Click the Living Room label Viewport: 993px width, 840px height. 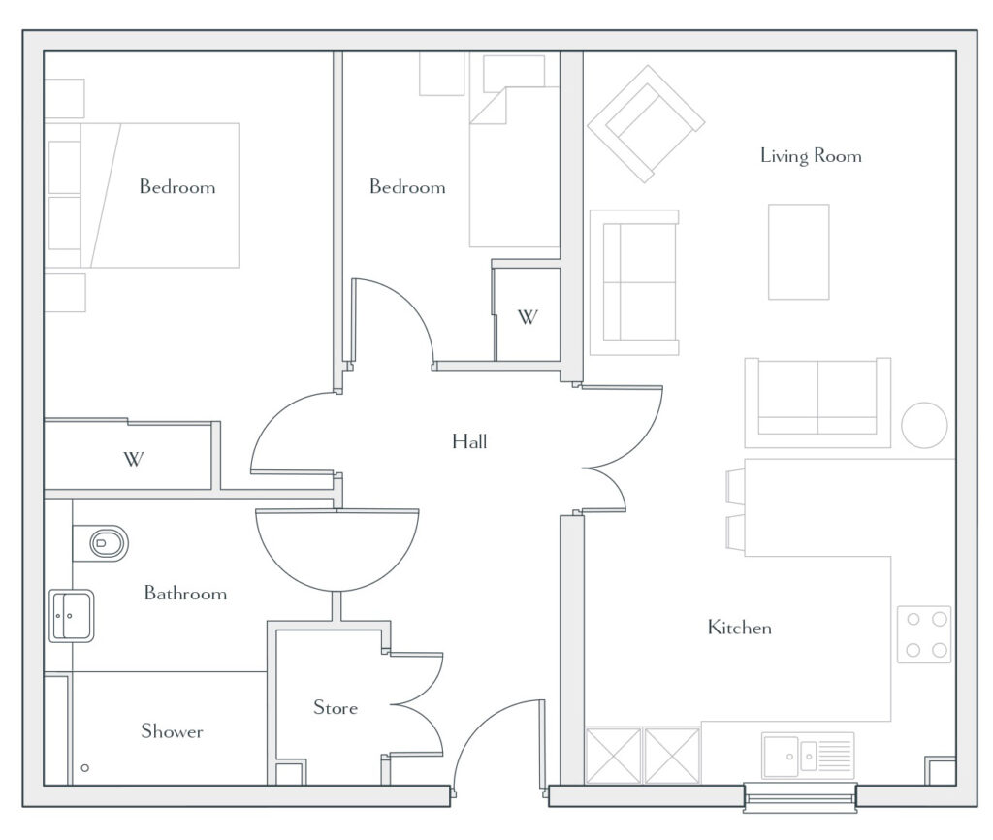click(811, 156)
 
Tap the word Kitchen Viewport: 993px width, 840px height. click(739, 628)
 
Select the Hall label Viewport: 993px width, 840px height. click(469, 441)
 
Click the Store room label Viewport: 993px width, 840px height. click(335, 707)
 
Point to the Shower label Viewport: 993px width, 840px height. click(172, 731)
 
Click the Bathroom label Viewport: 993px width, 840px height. click(185, 593)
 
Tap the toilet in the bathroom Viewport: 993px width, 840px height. click(101, 543)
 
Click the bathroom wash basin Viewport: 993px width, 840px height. click(72, 615)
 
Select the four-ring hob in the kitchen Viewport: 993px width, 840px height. click(924, 634)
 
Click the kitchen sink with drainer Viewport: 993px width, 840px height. click(808, 755)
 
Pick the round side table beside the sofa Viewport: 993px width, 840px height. click(924, 425)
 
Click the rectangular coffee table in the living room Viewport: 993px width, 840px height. click(799, 251)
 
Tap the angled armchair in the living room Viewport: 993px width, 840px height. click(646, 124)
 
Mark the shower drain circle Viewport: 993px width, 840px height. click(85, 768)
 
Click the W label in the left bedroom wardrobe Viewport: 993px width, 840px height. click(133, 458)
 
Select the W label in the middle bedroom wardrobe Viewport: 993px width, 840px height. click(528, 317)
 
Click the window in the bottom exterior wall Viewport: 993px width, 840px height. click(800, 798)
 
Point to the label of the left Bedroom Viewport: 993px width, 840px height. click(177, 187)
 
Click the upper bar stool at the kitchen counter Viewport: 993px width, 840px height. click(735, 487)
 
